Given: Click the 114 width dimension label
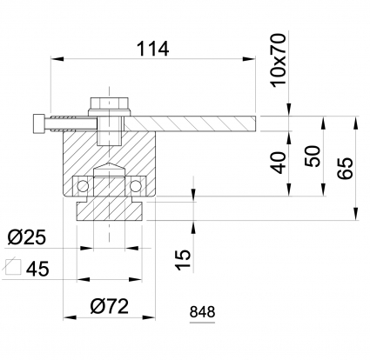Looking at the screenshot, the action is coord(152,49).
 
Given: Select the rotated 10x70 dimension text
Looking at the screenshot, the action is coord(278,60).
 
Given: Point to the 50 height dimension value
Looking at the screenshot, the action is coord(313,157).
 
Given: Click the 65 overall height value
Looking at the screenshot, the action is coord(346,169).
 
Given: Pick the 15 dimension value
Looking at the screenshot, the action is coord(184,260).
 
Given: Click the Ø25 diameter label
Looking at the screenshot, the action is coord(27,237).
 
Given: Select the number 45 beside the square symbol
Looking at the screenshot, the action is coord(37,269).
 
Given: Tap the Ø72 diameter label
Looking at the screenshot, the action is coord(109,306).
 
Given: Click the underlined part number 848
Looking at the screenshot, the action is coord(202,312).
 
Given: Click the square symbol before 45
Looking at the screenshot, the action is coord(14,266).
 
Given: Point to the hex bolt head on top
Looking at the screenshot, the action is coord(109,103).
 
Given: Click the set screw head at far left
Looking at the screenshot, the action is coord(39,123).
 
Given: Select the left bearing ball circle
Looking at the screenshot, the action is coord(83,186).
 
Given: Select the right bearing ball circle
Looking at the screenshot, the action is coord(135,186).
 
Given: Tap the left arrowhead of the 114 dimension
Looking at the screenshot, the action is coord(57,59).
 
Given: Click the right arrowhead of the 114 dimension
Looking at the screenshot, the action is coord(249,59).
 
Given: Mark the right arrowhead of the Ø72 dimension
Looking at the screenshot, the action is coord(149,317).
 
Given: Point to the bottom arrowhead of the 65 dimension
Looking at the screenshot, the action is coord(356,214).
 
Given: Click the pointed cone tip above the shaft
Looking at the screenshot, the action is coord(110,163).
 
